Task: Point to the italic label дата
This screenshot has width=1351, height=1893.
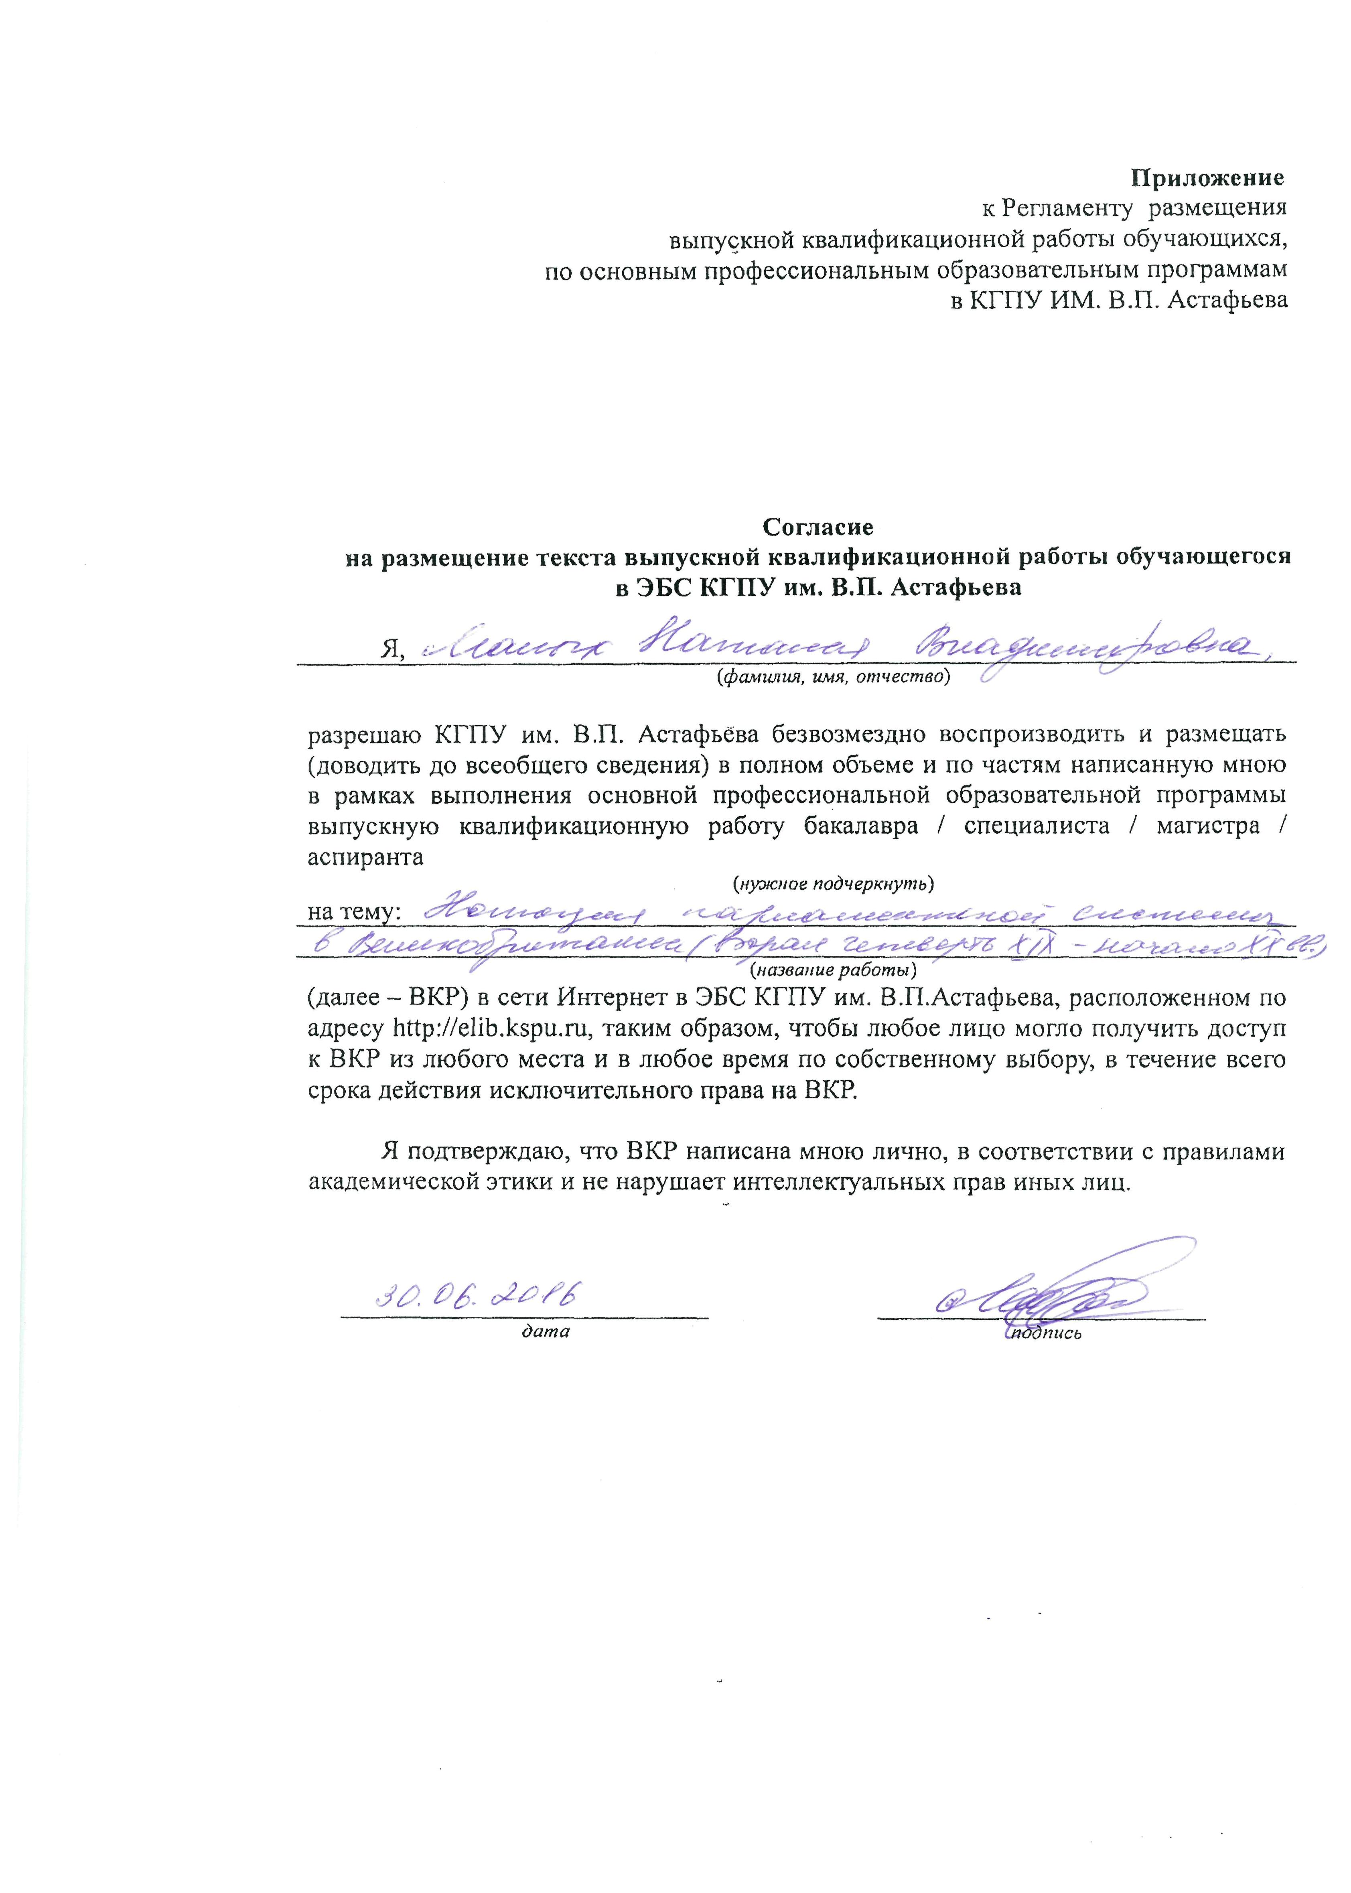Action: pos(546,1331)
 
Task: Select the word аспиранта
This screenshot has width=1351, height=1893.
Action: pos(365,858)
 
